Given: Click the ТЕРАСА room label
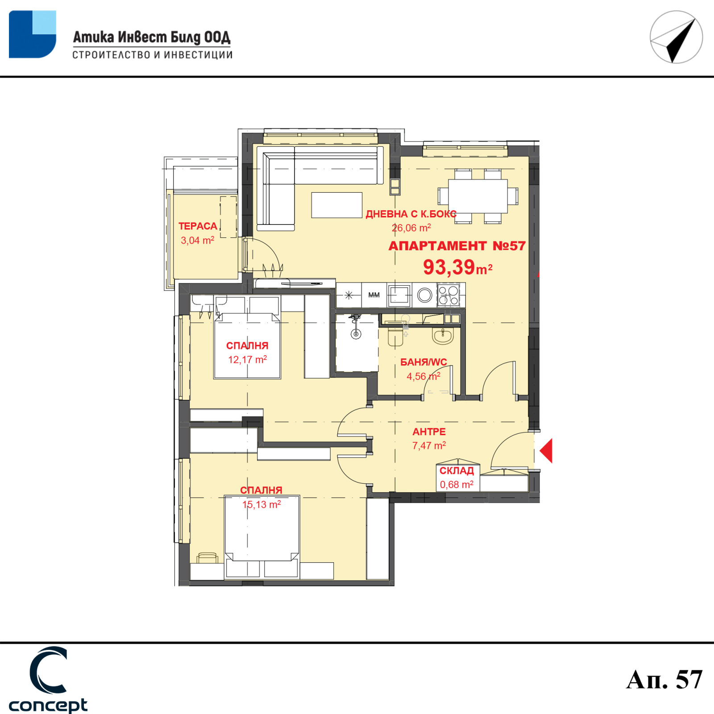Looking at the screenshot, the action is [x=198, y=226].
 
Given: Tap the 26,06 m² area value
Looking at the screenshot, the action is [x=411, y=228].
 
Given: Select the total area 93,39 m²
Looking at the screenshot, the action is [x=457, y=267].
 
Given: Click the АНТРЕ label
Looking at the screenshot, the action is [x=429, y=432].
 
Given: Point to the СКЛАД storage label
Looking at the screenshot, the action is [x=457, y=471].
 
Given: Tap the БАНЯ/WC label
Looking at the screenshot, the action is [x=423, y=362].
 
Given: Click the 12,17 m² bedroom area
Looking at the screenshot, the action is [x=248, y=360].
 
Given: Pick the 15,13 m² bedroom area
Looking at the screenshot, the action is [x=262, y=505].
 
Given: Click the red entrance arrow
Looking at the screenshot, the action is [x=546, y=450].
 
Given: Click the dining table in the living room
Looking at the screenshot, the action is [x=478, y=196].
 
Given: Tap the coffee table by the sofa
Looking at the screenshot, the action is [x=336, y=205].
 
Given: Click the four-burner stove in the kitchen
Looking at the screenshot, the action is [x=449, y=295].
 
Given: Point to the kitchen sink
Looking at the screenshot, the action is [x=399, y=295].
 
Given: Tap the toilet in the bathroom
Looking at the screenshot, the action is [x=396, y=335].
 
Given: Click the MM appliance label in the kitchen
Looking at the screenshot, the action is [x=374, y=295].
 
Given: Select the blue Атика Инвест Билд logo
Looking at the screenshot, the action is [x=33, y=34].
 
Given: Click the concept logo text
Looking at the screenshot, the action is [x=48, y=706].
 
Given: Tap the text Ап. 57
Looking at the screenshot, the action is [x=664, y=680].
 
